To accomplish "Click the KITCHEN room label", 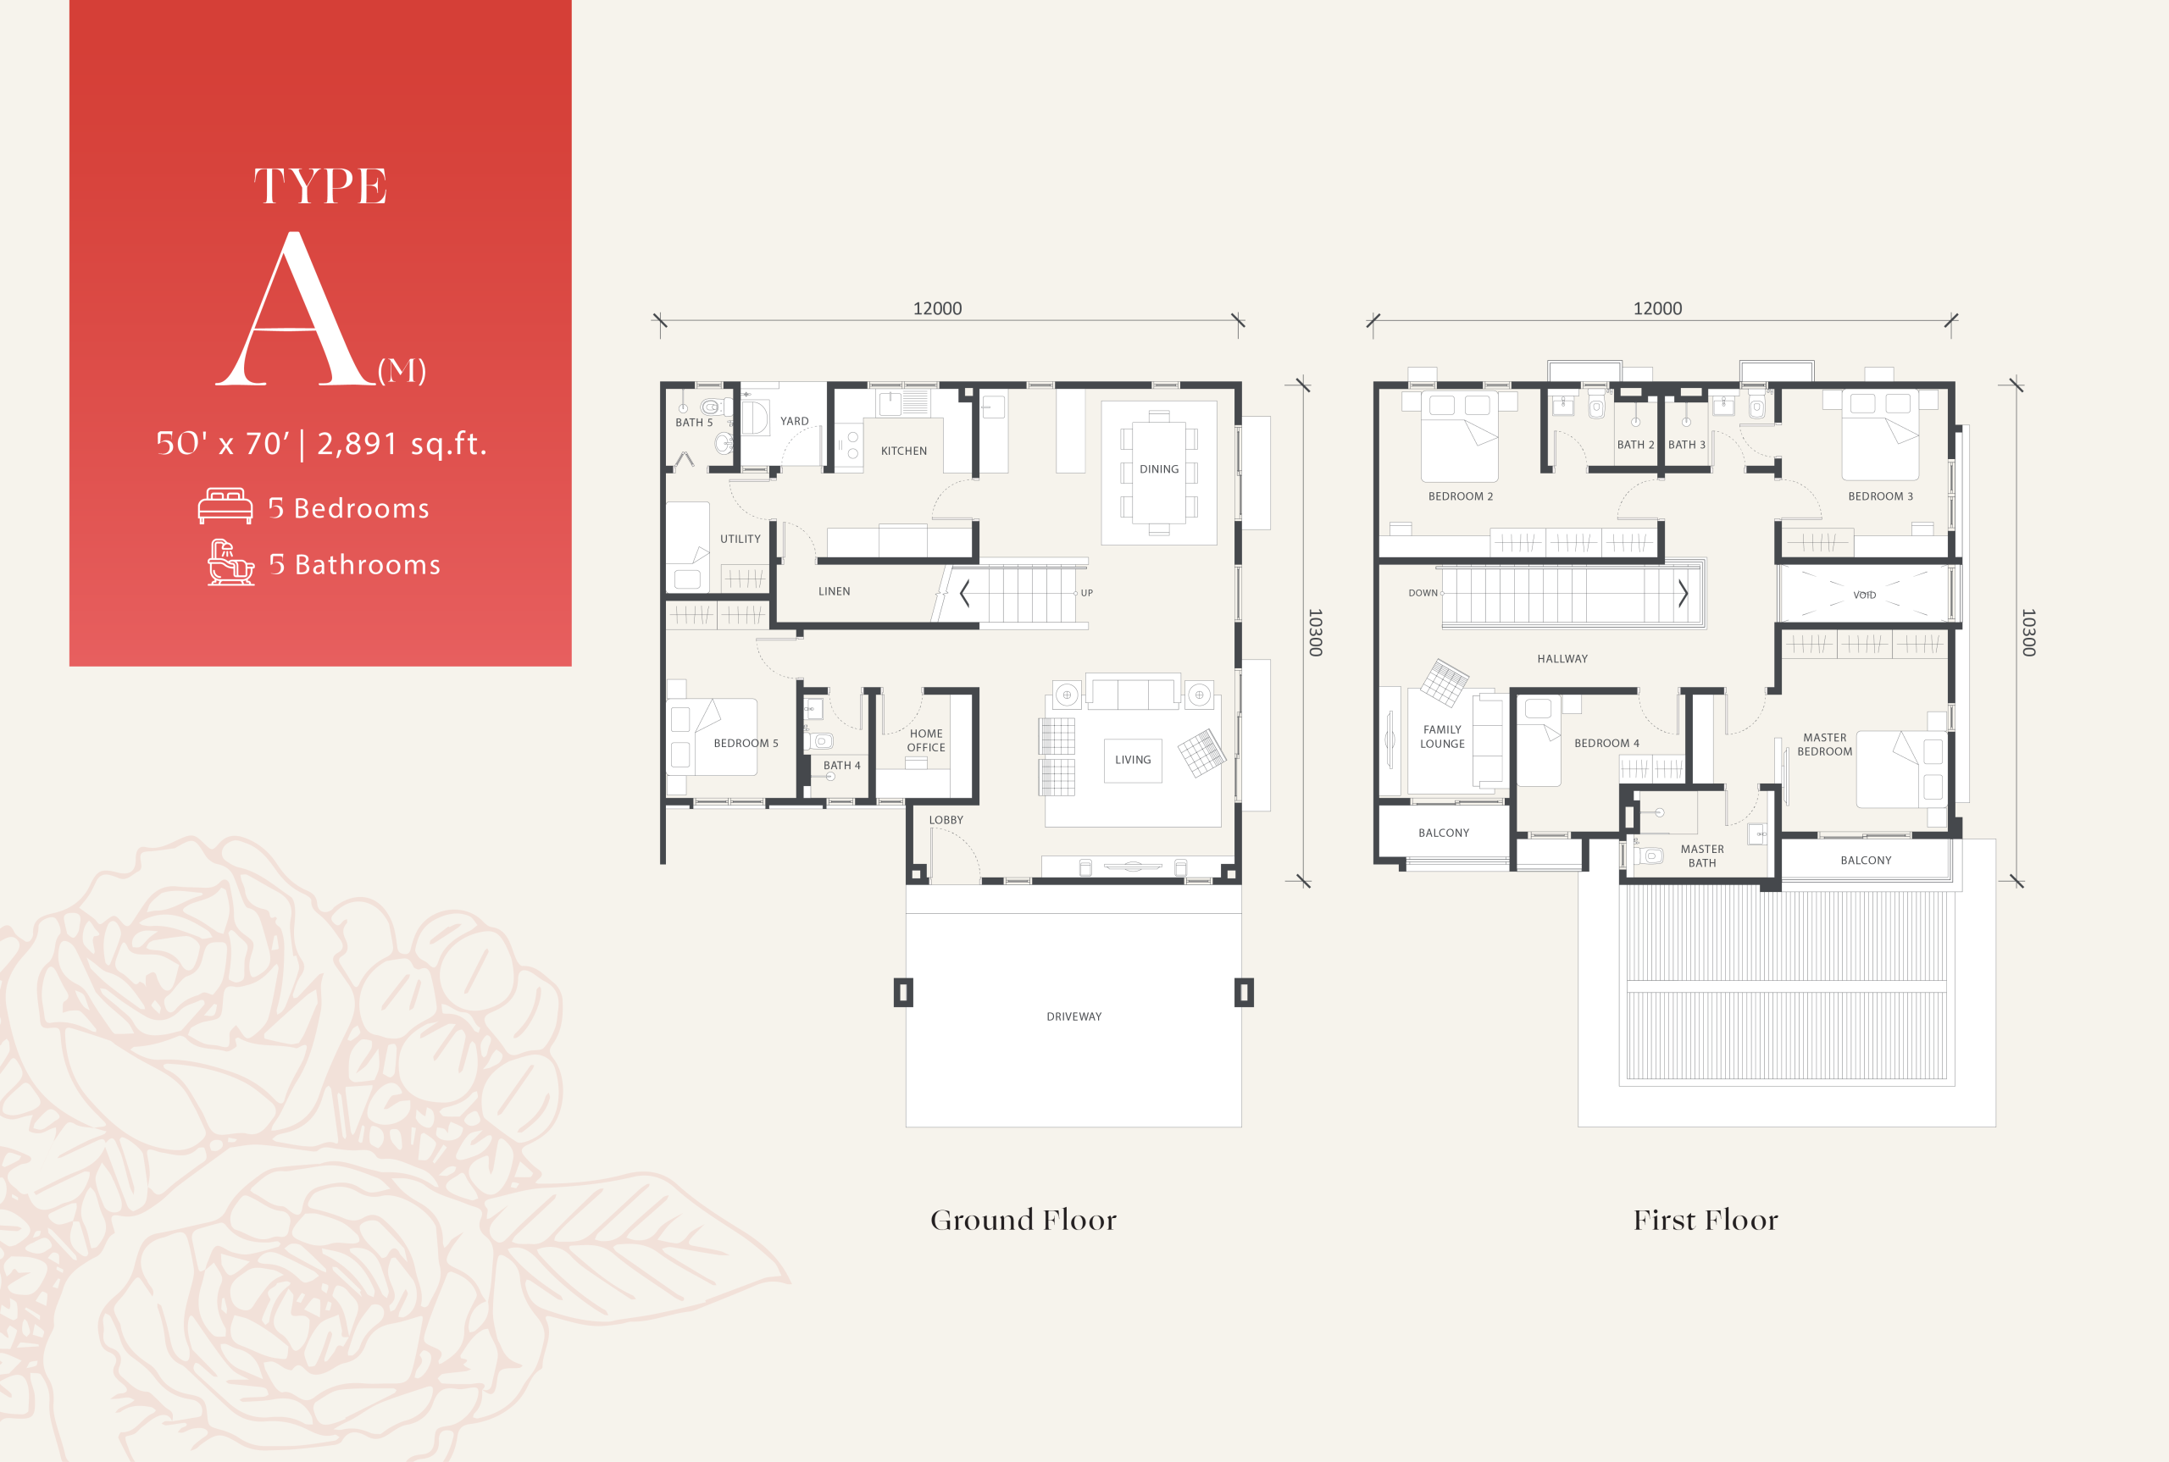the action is (903, 451).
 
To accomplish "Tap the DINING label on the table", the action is (1159, 469).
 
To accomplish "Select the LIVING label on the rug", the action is (1133, 760).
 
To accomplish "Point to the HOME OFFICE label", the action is (926, 740).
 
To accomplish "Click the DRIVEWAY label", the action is (1074, 1016).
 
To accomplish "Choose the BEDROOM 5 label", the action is (746, 743).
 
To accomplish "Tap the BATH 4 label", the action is (842, 766).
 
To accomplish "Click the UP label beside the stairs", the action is (1086, 593).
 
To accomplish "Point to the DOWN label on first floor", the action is (1423, 593).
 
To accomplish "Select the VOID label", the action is (1864, 595).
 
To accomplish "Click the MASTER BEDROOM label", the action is (1825, 744).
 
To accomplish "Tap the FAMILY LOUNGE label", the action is (1443, 737).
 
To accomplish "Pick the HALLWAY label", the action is (1563, 659).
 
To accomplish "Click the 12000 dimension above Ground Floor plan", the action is (937, 308).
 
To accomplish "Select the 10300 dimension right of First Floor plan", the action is (2028, 632).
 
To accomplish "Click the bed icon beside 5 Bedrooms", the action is (225, 507).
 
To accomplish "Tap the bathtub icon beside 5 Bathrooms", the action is (230, 562).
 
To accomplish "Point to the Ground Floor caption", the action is (1023, 1220).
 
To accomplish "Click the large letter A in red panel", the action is (295, 309).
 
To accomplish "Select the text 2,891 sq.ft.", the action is (402, 444).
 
